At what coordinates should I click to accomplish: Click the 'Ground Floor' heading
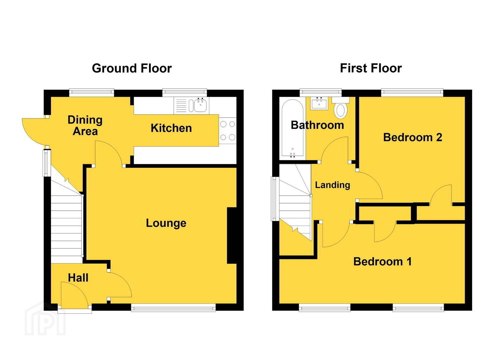pos(132,68)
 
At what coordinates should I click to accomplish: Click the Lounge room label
pos(166,223)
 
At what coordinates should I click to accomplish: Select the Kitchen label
pos(171,128)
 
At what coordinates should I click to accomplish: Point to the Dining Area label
pos(85,126)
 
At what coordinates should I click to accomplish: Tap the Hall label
pos(78,278)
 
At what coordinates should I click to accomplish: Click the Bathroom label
pos(317,125)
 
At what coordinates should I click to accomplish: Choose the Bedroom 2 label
pos(413,137)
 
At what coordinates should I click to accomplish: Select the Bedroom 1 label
pos(383,261)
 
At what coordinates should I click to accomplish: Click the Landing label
pos(332,185)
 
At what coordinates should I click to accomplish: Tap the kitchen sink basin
pos(201,106)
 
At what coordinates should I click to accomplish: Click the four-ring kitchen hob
pos(228,131)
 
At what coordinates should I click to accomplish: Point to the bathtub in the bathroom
pos(293,130)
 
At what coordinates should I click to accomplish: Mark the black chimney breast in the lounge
pos(232,236)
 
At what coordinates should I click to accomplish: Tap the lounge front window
pos(173,307)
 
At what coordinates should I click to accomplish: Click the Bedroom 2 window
pos(412,93)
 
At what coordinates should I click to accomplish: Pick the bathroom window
pos(321,93)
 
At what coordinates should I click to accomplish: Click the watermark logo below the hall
pos(45,319)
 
